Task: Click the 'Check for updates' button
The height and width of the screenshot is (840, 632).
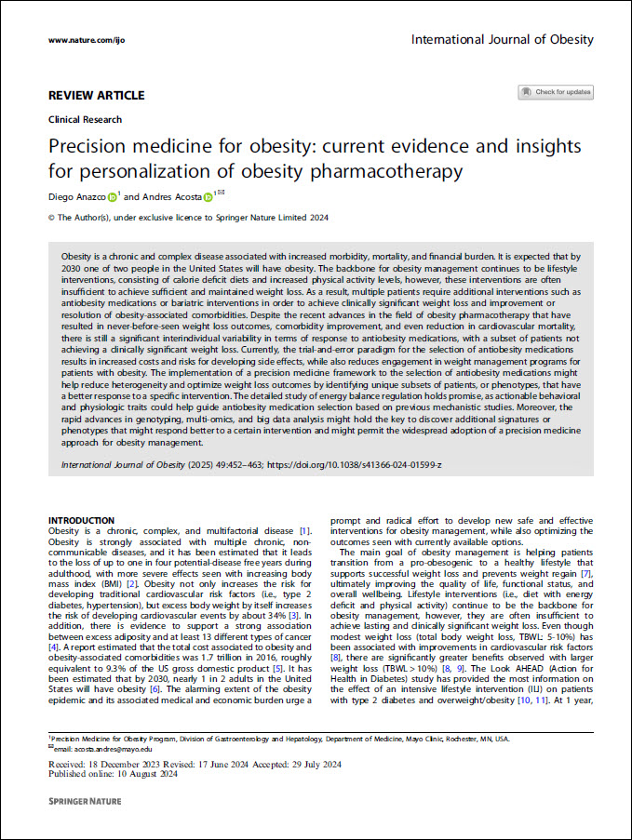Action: [x=556, y=92]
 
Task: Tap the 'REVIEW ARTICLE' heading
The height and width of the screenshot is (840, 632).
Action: [x=96, y=95]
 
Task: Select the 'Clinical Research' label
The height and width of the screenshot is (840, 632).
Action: [x=84, y=120]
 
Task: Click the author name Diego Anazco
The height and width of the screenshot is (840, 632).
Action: [x=75, y=197]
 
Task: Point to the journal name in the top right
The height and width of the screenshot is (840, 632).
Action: [x=502, y=40]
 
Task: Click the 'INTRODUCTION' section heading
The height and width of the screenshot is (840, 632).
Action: [x=81, y=520]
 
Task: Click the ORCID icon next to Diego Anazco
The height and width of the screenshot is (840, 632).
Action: [x=112, y=197]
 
